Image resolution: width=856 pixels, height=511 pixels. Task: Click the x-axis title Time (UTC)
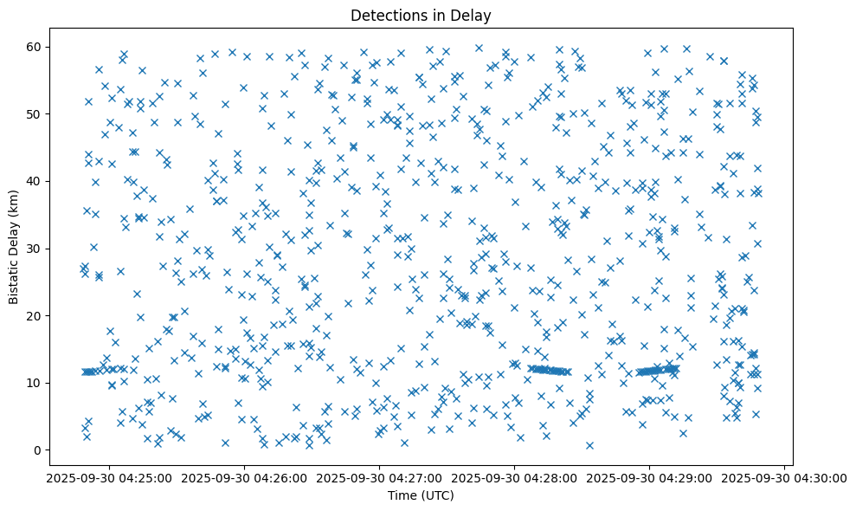pos(420,495)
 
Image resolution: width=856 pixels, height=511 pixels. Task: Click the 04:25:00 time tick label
pos(110,478)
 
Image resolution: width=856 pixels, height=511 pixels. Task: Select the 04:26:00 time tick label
pos(245,478)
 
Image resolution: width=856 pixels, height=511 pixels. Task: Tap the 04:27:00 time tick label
pos(380,478)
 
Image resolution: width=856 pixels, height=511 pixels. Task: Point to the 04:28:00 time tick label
pos(515,478)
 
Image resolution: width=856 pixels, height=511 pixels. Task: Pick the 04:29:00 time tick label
pos(650,478)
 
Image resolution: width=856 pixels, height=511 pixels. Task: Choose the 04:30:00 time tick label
pos(785,478)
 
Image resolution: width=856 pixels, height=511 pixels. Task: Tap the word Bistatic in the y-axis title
pos(14,277)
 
